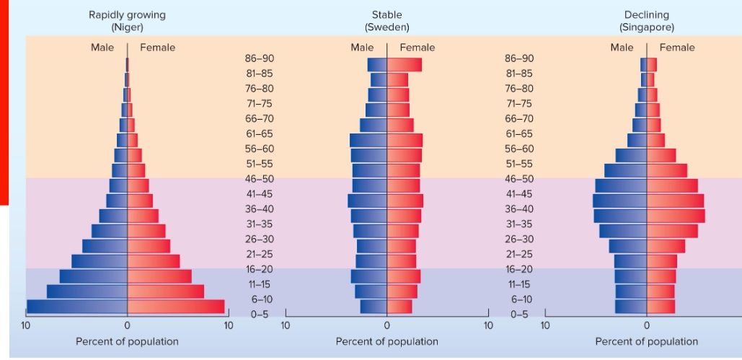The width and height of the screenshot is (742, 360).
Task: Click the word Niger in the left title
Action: click(x=127, y=27)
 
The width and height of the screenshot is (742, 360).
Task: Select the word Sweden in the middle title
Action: click(x=387, y=27)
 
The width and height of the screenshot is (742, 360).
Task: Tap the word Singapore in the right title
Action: click(x=647, y=27)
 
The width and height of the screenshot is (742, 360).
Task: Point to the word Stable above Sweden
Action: click(x=387, y=14)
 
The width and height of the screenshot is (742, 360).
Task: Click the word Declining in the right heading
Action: click(x=647, y=14)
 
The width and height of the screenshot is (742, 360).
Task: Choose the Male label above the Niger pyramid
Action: click(x=102, y=48)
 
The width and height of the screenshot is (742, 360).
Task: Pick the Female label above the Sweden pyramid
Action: click(x=417, y=48)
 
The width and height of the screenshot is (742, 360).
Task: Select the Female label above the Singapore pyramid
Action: click(x=677, y=48)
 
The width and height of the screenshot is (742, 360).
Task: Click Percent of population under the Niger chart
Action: click(x=127, y=341)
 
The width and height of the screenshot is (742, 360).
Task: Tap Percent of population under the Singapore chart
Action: click(x=647, y=341)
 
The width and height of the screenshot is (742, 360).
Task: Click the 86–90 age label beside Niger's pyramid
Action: click(x=259, y=58)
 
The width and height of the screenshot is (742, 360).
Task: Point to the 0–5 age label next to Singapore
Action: click(x=519, y=315)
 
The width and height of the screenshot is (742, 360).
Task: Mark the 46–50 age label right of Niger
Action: click(x=259, y=178)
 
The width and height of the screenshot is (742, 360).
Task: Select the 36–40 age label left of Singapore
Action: click(x=519, y=208)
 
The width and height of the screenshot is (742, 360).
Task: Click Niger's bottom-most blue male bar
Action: click(x=77, y=307)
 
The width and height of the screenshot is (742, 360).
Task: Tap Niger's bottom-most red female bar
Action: click(x=175, y=307)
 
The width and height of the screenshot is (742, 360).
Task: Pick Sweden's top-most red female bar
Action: click(x=404, y=65)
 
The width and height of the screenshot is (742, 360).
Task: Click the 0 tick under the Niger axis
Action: click(x=127, y=325)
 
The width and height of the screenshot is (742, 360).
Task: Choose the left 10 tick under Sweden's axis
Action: click(x=286, y=325)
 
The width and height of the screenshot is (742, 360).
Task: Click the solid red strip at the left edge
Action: click(x=4, y=101)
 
